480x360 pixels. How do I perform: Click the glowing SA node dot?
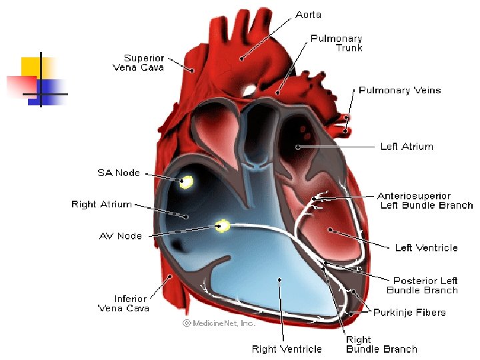click(x=185, y=181)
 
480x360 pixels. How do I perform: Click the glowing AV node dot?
click(x=223, y=226)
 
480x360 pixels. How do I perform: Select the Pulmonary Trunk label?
click(x=337, y=43)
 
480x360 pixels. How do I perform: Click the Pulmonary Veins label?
click(x=399, y=90)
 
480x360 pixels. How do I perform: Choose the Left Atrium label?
click(x=406, y=146)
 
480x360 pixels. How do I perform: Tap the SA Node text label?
click(x=119, y=173)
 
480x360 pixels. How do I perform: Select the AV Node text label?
click(x=120, y=236)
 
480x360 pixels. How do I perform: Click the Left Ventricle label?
click(x=426, y=248)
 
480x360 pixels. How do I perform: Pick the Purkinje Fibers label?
click(x=409, y=312)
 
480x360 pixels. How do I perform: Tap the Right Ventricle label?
click(x=287, y=349)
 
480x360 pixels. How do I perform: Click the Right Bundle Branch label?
click(x=381, y=344)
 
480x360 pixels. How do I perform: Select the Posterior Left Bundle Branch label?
click(x=423, y=285)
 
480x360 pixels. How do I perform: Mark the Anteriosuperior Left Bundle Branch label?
click(x=425, y=201)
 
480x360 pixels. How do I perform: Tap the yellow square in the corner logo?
click(x=30, y=67)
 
